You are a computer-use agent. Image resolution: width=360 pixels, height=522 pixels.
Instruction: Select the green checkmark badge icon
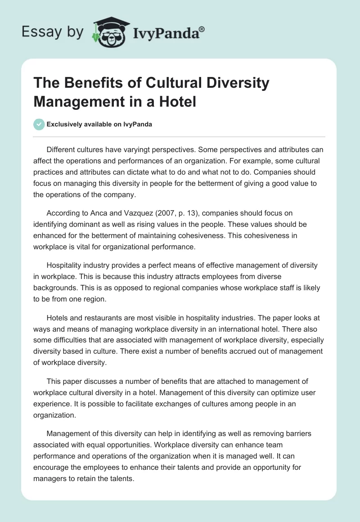39,124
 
